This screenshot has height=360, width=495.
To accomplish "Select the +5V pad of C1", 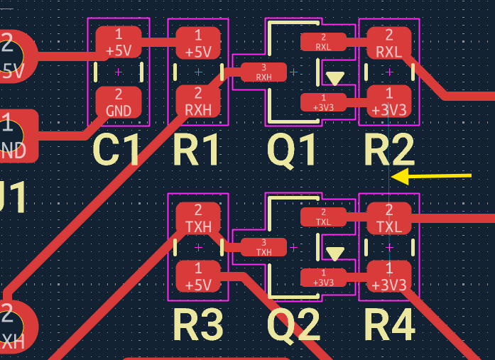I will click(119, 42).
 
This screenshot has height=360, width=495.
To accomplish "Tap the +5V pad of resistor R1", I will click(198, 42).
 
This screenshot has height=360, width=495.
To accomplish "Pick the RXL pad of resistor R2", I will click(389, 42).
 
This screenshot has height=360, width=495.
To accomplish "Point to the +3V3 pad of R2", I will click(389, 102).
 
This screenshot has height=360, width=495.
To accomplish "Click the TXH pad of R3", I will click(198, 218).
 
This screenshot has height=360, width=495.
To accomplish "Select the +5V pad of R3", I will click(198, 277).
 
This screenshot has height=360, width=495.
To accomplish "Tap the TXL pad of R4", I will click(389, 217).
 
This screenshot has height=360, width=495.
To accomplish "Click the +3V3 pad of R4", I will click(389, 277).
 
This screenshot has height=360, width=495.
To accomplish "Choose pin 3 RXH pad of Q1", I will click(264, 72).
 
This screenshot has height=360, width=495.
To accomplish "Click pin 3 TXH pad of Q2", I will click(264, 247).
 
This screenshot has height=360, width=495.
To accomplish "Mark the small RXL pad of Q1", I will click(324, 41).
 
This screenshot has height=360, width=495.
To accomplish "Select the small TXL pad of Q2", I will click(324, 217).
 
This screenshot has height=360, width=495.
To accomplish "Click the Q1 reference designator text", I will click(292, 151).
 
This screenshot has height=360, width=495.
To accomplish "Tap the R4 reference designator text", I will click(389, 325).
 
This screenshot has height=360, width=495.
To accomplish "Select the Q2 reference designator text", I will click(292, 325).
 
